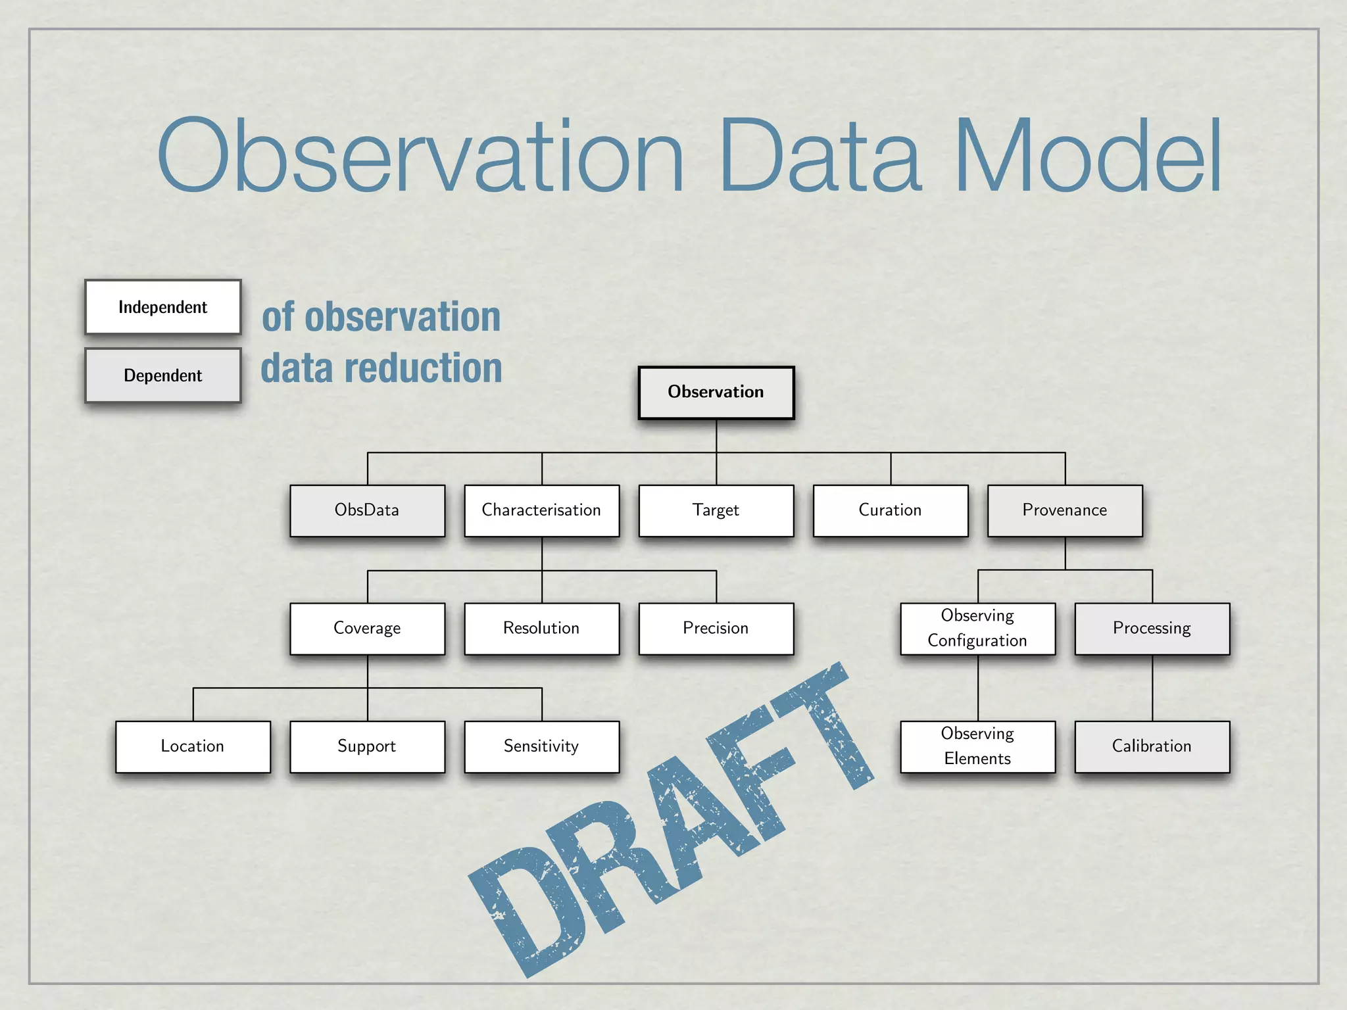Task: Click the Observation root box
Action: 716,393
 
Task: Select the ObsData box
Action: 367,510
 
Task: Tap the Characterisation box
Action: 541,510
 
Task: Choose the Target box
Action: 716,510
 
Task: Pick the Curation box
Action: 890,510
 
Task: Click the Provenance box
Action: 1064,510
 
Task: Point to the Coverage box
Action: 367,628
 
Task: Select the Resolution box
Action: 541,628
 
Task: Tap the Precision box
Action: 716,628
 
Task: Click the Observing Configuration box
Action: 977,628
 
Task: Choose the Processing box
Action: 1152,628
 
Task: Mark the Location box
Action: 193,746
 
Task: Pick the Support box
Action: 367,746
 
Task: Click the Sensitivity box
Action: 541,746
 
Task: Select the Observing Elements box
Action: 977,746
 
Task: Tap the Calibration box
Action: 1152,746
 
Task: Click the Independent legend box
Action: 162,307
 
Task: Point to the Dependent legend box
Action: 162,375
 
